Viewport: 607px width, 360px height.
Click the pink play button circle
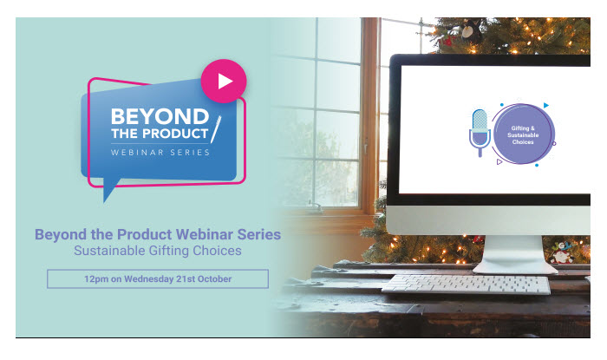pos(224,82)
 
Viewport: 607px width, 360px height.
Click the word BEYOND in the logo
pos(160,116)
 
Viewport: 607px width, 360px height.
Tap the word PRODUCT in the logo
pos(175,134)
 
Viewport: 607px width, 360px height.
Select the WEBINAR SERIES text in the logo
pos(160,153)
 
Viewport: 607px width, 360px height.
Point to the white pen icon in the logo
pos(216,129)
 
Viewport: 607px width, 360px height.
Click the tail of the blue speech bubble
pos(110,189)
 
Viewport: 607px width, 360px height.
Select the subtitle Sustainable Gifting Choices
pos(158,251)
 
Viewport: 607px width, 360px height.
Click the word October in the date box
pos(214,279)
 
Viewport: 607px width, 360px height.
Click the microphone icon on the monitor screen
pos(480,133)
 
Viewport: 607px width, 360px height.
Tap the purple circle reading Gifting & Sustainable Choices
pos(523,134)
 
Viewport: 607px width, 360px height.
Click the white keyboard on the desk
pos(467,285)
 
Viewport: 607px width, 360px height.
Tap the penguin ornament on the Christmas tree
pos(471,29)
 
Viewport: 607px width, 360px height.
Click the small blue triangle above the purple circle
pos(545,105)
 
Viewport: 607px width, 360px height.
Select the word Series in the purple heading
pos(259,234)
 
